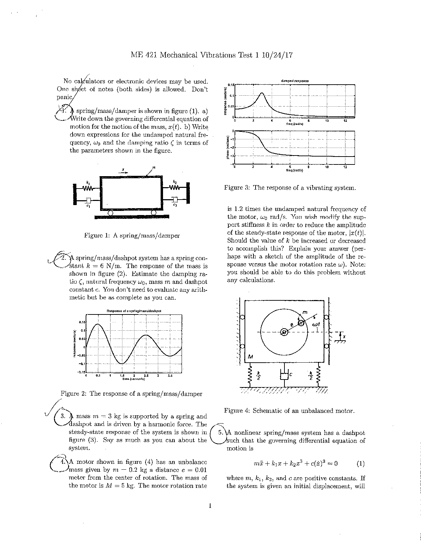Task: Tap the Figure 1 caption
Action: tap(132, 236)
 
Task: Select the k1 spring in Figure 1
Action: tap(88, 188)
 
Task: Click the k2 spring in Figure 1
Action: tap(175, 188)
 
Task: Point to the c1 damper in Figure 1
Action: tap(88, 200)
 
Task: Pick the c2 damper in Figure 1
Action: tap(175, 200)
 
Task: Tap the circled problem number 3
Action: tap(63, 416)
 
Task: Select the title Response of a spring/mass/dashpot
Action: tap(134, 311)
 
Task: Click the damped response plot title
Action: tap(295, 81)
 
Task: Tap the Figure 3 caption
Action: tap(290, 188)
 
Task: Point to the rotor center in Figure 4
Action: tap(284, 332)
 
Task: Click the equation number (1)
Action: tap(360, 463)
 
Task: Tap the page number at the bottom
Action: tap(210, 506)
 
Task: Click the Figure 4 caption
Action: tap(289, 410)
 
